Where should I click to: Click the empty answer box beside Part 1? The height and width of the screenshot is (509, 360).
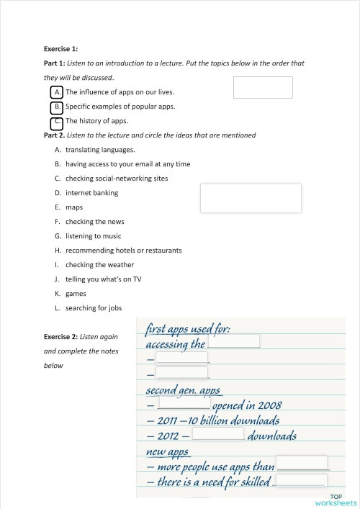point(263,87)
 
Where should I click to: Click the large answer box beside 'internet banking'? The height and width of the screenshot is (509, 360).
point(251,197)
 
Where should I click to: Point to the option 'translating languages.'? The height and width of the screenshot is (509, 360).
point(99,150)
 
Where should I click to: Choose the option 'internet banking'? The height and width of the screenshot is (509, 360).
point(91,193)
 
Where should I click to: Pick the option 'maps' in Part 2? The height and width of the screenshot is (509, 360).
point(74,207)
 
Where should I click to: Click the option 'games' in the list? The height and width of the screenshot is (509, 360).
point(76,294)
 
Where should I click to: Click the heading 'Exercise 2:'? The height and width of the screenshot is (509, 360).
point(61,337)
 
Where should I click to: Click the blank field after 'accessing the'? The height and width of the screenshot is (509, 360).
point(233,341)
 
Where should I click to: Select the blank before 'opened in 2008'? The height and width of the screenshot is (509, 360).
point(183,403)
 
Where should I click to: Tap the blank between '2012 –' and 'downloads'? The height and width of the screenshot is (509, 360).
point(218,434)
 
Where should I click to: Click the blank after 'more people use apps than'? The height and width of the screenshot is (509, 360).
point(301,463)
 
